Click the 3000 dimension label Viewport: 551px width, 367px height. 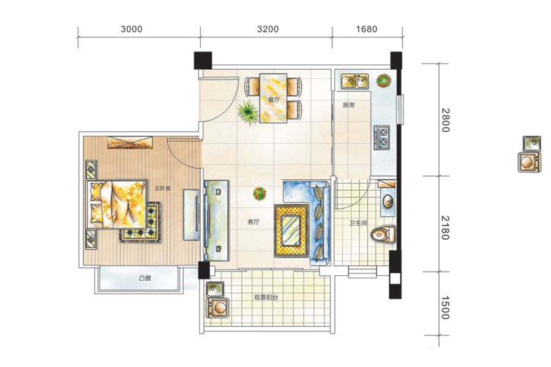tap(132, 29)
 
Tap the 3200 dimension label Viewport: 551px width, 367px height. tap(268, 29)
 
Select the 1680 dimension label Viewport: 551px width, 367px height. tap(367, 29)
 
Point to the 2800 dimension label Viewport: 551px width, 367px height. tap(445, 120)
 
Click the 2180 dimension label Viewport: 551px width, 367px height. tap(445, 228)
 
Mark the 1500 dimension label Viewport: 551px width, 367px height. tap(445, 308)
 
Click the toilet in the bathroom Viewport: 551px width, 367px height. tap(383, 234)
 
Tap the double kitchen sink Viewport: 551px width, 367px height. tap(354, 81)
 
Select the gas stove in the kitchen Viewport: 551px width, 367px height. tap(381, 137)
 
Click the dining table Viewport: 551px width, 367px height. tap(273, 98)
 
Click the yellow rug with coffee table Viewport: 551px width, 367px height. tap(291, 231)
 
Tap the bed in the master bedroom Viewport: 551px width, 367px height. tap(117, 204)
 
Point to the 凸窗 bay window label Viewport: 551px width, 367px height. tap(144, 278)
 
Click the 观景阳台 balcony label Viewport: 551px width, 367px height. tap(266, 297)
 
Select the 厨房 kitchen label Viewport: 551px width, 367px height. tap(348, 105)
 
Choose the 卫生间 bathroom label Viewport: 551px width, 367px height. tap(358, 223)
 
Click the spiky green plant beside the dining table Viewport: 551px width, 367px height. tap(248, 113)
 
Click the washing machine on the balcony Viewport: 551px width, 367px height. tap(217, 308)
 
